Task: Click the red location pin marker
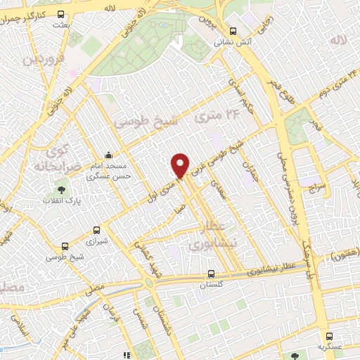181,165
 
